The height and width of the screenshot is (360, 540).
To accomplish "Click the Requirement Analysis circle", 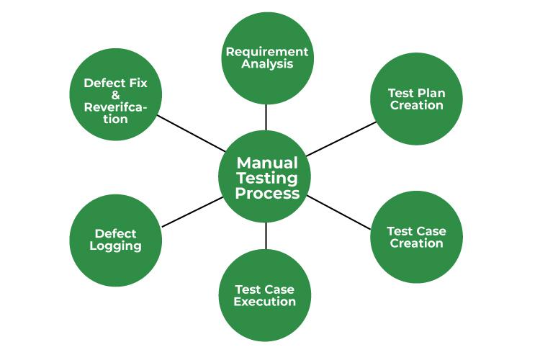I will click(x=267, y=58).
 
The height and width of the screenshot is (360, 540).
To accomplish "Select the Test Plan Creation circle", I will click(x=416, y=99).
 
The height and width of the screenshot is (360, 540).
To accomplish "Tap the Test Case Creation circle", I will click(x=416, y=237).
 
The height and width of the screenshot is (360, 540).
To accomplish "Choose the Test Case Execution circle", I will click(x=265, y=295).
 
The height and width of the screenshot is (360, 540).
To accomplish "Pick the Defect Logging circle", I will click(x=115, y=240).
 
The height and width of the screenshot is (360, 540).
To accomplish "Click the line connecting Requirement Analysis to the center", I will click(x=266, y=117).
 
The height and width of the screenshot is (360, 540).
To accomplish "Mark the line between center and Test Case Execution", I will click(x=266, y=236).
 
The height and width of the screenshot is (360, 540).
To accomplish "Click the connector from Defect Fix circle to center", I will click(x=191, y=133).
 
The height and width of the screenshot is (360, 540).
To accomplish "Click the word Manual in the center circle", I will click(x=267, y=162).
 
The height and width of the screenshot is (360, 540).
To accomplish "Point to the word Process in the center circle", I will click(x=267, y=194).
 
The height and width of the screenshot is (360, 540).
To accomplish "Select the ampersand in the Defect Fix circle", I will click(x=115, y=95).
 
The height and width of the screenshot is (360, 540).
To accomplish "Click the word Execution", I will click(x=265, y=302).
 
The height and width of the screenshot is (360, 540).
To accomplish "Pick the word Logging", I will click(x=115, y=246).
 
